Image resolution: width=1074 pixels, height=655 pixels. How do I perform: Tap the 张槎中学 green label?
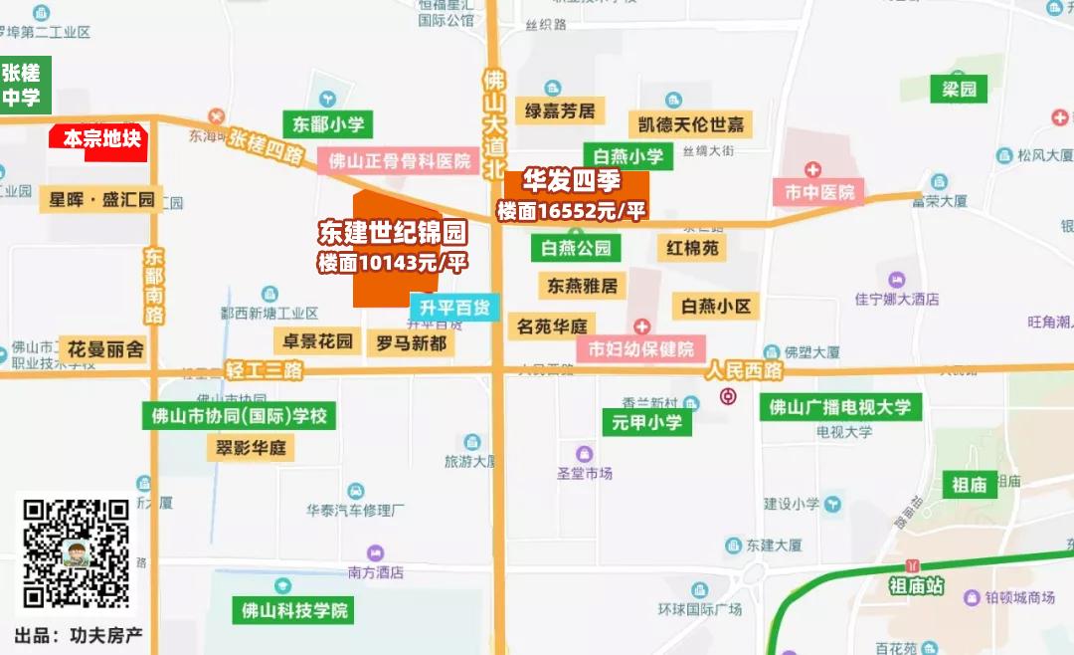[x=23, y=86]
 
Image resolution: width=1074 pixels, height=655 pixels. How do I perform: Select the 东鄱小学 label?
[x=328, y=124]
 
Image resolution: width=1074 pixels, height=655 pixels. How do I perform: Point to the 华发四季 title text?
[x=572, y=182]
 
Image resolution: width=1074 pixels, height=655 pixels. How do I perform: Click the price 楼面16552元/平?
[x=572, y=210]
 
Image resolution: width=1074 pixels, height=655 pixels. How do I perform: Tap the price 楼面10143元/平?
[x=392, y=263]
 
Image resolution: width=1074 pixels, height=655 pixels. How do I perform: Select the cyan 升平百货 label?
[x=454, y=307]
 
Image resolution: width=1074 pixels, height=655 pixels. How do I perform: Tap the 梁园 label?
[x=960, y=90]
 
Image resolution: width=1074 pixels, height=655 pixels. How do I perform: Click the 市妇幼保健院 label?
[x=640, y=349]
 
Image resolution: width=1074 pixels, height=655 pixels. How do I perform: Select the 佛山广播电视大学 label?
[x=840, y=406]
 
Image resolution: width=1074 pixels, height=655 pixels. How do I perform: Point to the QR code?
[x=77, y=553]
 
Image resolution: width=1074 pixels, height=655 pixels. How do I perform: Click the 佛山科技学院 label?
[x=295, y=610]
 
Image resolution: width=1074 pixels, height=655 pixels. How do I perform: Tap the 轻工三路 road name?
[x=264, y=370]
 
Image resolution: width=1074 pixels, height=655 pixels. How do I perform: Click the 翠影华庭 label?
[x=252, y=448]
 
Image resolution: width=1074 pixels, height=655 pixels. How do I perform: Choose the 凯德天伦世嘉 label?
[x=690, y=124]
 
